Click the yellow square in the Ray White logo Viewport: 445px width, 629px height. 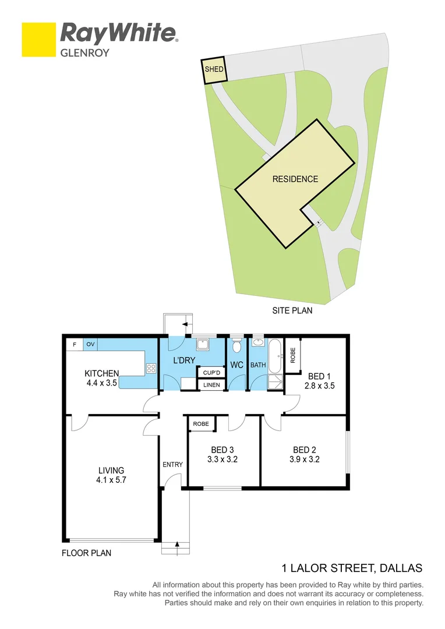(38, 40)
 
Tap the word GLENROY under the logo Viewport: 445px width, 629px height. (85, 52)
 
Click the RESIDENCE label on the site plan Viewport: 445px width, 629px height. (295, 179)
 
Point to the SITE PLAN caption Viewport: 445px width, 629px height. (292, 310)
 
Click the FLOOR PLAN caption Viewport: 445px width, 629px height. (86, 553)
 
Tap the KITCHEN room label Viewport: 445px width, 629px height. (102, 373)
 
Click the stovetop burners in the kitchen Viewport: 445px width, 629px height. (151, 368)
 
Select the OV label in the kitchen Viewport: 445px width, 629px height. (90, 344)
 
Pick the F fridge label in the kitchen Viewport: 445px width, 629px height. (74, 344)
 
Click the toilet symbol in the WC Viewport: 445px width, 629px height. (236, 347)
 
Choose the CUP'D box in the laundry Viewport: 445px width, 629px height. (211, 372)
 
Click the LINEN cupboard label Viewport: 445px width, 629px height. (211, 384)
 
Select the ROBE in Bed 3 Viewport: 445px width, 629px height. (201, 424)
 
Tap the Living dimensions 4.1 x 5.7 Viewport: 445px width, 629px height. (111, 480)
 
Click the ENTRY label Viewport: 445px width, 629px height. (173, 464)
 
